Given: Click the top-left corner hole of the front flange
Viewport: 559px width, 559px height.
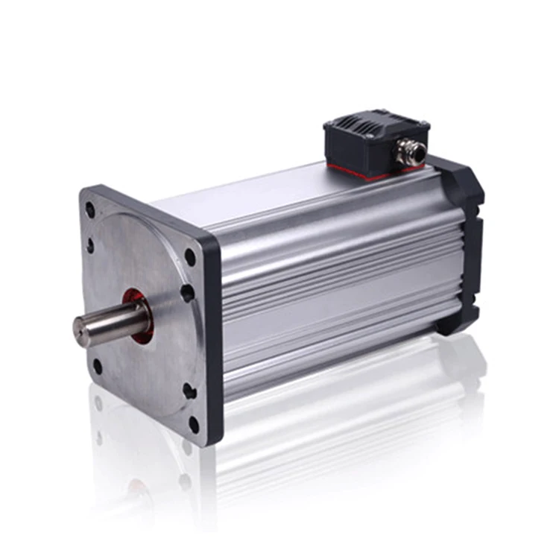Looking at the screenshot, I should point(90,210).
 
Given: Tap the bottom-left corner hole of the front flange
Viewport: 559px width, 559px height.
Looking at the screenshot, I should point(97,366).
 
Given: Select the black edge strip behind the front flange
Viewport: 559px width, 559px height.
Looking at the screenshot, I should point(212,343).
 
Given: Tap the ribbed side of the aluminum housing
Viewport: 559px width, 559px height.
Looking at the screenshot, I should point(335,298).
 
